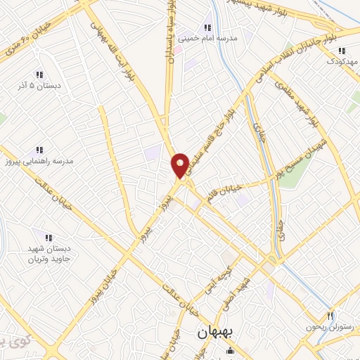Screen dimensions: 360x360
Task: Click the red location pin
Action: [180, 165]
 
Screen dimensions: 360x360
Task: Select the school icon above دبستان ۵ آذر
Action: [40, 74]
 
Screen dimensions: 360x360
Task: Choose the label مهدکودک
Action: [342, 63]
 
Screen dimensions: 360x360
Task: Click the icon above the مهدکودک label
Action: [342, 51]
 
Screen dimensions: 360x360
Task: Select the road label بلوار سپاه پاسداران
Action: [169, 32]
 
